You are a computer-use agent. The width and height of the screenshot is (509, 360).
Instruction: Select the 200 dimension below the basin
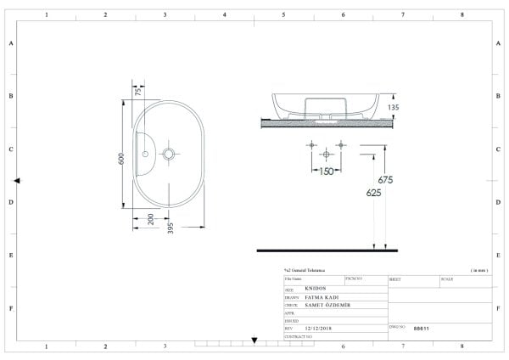(149, 219)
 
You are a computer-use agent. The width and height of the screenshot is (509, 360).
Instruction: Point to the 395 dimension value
(170, 228)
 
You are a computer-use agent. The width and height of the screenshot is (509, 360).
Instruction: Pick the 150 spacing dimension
(325, 171)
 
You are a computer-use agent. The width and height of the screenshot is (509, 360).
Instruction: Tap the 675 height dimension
(384, 179)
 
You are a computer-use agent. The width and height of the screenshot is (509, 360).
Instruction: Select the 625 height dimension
(373, 193)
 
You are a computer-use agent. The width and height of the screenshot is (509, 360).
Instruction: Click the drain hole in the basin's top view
(169, 155)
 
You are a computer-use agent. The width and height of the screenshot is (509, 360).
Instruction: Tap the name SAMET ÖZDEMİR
(327, 304)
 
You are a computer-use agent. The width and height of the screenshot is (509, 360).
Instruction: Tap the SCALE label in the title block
(447, 278)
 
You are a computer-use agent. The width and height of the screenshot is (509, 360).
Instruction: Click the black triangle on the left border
(17, 180)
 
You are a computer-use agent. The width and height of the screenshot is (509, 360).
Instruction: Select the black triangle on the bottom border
(254, 340)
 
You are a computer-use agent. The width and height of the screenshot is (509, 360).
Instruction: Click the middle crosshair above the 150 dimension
(325, 155)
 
